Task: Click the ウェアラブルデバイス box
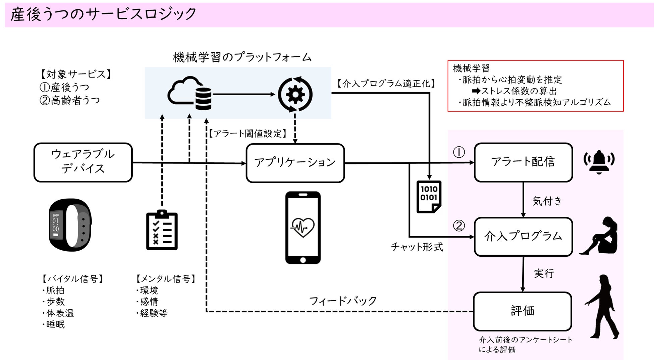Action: tap(83, 162)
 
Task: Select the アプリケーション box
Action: tap(295, 163)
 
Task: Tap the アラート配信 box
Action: tap(523, 162)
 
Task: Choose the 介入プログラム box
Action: tap(523, 237)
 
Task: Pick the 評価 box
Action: tap(522, 311)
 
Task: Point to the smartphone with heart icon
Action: tap(303, 228)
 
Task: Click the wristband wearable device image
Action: tap(70, 225)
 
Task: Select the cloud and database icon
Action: tap(190, 93)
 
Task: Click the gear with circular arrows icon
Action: tap(295, 94)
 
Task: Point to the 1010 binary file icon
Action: tap(429, 197)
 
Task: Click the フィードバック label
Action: tap(342, 301)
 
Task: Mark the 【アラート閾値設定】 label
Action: tap(248, 134)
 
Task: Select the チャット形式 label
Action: tap(417, 247)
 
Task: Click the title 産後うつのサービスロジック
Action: tap(103, 14)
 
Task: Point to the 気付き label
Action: tap(547, 201)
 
